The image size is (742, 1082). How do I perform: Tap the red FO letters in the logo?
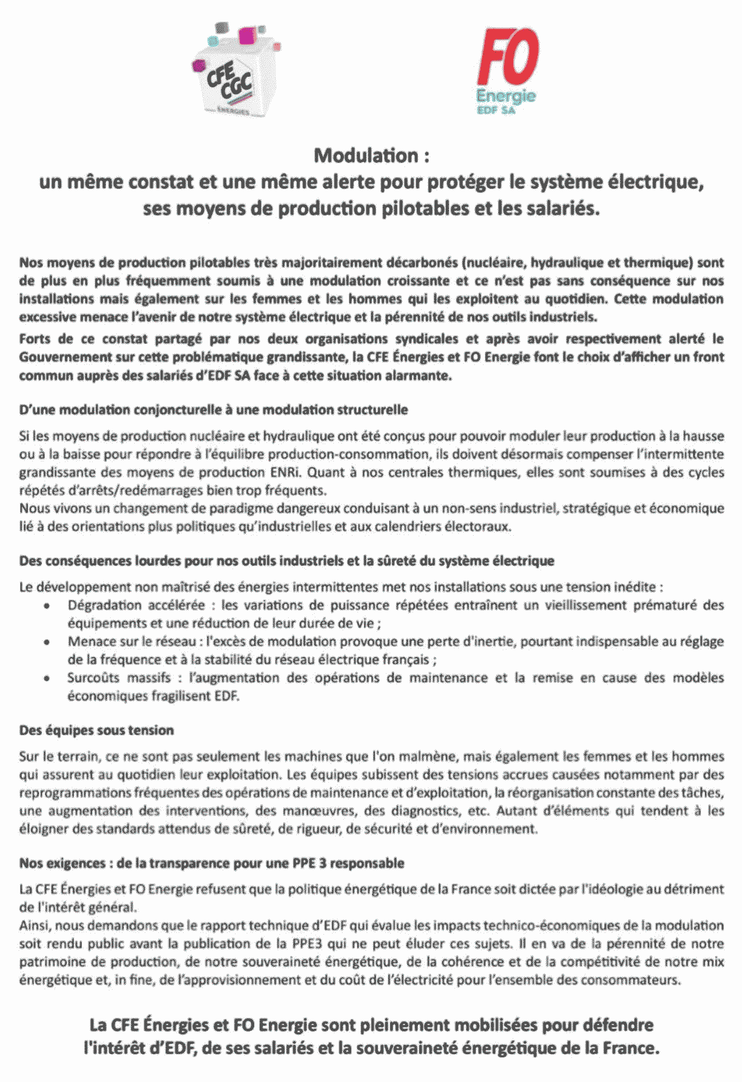[507, 57]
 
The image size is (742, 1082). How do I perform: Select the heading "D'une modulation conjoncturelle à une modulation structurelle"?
[213, 410]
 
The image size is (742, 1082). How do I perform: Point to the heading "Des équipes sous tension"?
[96, 731]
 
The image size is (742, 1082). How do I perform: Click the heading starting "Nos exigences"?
[211, 864]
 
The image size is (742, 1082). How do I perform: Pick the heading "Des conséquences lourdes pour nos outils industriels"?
[286, 561]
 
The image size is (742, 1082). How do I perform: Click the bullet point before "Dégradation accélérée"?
[47, 606]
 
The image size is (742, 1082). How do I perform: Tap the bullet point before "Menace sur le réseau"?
[47, 643]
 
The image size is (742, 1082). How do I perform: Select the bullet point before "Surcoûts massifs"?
[47, 679]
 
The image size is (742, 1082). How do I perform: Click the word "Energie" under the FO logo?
[506, 96]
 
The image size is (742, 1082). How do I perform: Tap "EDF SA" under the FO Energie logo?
[497, 110]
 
